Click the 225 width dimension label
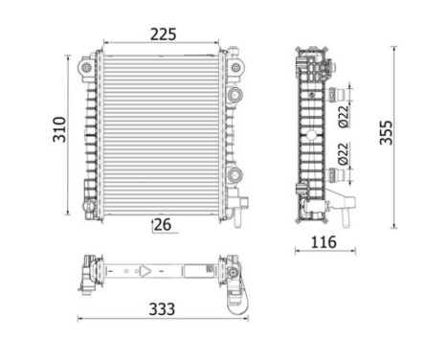coord(164,34)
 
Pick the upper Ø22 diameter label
coord(344,115)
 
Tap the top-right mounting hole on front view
coord(236,67)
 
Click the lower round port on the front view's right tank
coord(236,174)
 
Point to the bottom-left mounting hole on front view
coord(88,204)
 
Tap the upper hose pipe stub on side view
coord(337,93)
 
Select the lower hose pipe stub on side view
coord(337,173)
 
